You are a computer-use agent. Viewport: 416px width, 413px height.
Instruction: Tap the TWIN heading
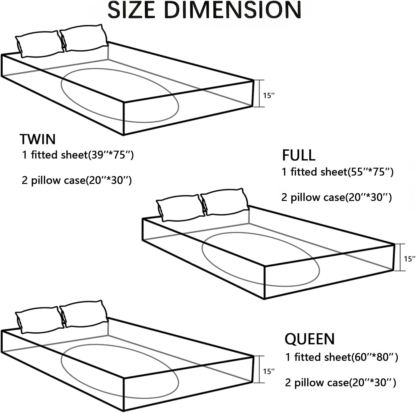pyautogui.click(x=38, y=139)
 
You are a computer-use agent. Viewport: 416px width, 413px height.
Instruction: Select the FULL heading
pyautogui.click(x=299, y=156)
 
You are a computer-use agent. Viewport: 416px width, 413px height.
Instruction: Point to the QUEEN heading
pyautogui.click(x=309, y=339)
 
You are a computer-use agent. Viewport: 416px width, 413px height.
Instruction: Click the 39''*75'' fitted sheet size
pyautogui.click(x=112, y=155)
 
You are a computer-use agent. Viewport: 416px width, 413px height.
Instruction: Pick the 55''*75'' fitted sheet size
pyautogui.click(x=371, y=172)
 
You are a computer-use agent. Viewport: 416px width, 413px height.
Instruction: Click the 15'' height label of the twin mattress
pyautogui.click(x=269, y=95)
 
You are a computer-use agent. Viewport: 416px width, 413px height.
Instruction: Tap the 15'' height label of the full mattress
pyautogui.click(x=409, y=259)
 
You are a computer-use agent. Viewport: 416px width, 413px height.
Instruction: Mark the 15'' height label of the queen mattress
pyautogui.click(x=269, y=371)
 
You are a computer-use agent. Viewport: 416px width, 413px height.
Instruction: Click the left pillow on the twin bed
pyautogui.click(x=39, y=44)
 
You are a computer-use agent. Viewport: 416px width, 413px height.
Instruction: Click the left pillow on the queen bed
pyautogui.click(x=39, y=320)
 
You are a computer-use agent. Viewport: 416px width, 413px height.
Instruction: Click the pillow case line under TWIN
pyautogui.click(x=77, y=181)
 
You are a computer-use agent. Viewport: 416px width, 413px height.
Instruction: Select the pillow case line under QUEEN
pyautogui.click(x=341, y=383)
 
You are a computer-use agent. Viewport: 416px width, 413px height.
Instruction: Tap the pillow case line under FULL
pyautogui.click(x=337, y=198)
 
